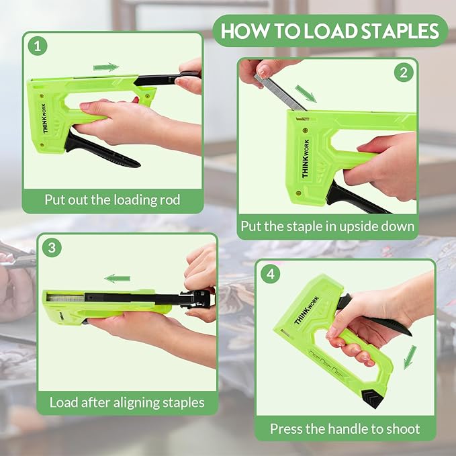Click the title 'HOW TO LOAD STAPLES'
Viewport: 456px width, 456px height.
click(330, 31)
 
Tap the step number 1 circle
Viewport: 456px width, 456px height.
click(38, 46)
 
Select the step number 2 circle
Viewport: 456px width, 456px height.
click(402, 73)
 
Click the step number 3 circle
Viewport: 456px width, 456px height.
click(52, 247)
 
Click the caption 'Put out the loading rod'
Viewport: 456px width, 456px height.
click(113, 199)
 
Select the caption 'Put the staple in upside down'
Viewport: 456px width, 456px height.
click(327, 226)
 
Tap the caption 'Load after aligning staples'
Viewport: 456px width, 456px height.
click(127, 403)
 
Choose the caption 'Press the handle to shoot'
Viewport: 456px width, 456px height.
click(345, 428)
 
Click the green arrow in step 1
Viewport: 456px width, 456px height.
click(105, 67)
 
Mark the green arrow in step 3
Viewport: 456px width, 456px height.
click(118, 278)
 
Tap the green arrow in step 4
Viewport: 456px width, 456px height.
click(410, 357)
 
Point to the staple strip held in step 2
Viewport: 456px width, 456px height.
click(278, 90)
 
